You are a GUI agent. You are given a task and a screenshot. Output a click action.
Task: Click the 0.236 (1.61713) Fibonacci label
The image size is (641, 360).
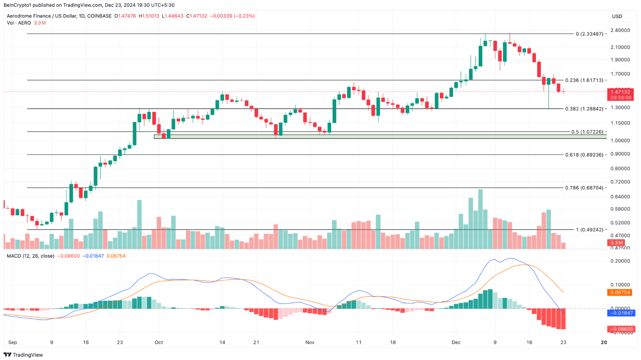tap(584, 80)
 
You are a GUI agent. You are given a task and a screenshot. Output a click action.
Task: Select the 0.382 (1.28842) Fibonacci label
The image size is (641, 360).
tap(584, 109)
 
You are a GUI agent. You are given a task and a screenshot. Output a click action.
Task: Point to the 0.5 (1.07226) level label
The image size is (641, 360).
tap(587, 132)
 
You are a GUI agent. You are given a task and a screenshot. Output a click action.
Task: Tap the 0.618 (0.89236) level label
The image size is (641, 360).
tap(584, 155)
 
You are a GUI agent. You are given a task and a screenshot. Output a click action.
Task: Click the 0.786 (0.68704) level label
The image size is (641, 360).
tap(584, 188)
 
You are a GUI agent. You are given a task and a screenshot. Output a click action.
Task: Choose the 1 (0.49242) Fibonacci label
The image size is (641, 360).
tap(589, 230)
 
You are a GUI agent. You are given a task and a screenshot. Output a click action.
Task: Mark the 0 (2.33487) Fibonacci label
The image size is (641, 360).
tap(589, 34)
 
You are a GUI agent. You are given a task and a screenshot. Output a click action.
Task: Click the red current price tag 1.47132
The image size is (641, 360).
tap(620, 92)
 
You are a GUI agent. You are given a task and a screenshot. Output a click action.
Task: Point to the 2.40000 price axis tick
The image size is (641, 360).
tap(620, 31)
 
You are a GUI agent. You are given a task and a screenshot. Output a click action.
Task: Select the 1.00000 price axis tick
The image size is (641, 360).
tap(620, 140)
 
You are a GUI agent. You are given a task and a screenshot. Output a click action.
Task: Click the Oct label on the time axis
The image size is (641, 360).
tap(159, 343)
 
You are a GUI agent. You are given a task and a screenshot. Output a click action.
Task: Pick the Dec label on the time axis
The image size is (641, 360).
tap(456, 343)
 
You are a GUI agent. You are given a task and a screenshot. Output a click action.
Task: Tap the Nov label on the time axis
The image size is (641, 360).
tap(310, 343)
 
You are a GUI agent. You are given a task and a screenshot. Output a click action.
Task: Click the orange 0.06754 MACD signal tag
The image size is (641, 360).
tap(620, 293)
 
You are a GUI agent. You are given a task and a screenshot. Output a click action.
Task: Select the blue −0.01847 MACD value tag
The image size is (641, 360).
tap(620, 313)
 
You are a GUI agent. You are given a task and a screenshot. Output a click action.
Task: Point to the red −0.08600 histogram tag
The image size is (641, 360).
tap(620, 329)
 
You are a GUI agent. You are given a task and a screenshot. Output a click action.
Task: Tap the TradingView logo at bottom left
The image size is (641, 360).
tap(24, 355)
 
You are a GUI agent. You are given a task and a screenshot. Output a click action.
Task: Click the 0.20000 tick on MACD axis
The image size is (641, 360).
tap(620, 261)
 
